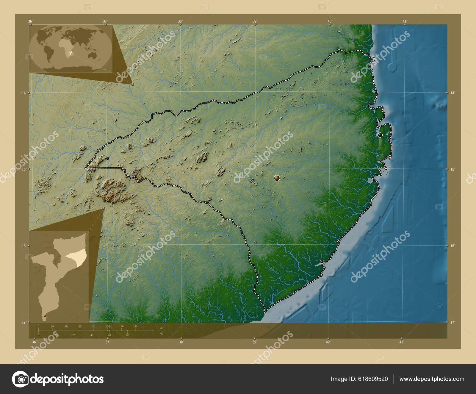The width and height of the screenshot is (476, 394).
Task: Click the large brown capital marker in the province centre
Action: tap(277, 178)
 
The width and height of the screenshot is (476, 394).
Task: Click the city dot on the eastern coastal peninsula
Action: tap(380, 135)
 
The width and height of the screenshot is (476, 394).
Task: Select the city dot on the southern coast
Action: tap(322, 262)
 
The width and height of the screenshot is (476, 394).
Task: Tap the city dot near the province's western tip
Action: tap(107, 158)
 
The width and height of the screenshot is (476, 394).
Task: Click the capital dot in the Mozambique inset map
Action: tap(45, 316)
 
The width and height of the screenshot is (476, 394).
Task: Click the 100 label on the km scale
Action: tap(107, 327)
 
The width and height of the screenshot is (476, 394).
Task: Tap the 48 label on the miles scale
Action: tap(92, 335)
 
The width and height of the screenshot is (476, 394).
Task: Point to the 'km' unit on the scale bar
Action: tap(162, 328)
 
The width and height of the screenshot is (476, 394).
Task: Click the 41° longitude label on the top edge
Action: tap(404, 21)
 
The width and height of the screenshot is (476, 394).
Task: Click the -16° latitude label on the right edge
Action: tap(452, 246)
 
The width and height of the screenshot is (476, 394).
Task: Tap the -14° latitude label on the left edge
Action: tap(23, 93)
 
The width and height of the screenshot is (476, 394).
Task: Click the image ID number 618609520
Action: tap(373, 379)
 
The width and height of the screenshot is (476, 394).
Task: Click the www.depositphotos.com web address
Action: tap(432, 379)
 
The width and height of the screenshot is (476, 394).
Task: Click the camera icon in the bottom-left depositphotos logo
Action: tap(20, 379)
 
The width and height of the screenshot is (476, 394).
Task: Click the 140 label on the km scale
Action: tap(135, 327)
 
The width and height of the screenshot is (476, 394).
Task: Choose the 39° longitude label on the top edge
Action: tap(255, 21)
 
